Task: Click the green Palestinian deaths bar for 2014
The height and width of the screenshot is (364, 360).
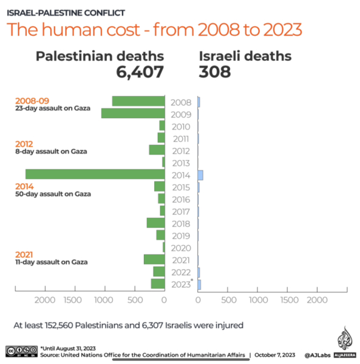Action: [x=95, y=174]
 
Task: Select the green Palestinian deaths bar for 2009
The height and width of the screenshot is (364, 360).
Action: [x=133, y=113]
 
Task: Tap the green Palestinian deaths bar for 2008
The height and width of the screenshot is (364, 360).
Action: [x=138, y=101]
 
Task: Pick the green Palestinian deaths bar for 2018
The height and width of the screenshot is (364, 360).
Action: [x=155, y=223]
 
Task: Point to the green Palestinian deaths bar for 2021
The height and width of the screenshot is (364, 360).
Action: [x=154, y=260]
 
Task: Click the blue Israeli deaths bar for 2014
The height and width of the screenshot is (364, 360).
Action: [x=200, y=175]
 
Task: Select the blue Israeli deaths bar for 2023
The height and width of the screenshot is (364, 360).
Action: [x=199, y=284]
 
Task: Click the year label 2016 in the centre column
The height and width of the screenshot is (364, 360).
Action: [x=181, y=200]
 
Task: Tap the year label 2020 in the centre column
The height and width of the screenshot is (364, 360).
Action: [x=181, y=248]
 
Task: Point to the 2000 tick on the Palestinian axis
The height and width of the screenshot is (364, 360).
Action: [x=45, y=300]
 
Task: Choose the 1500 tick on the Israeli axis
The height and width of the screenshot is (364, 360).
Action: [x=287, y=300]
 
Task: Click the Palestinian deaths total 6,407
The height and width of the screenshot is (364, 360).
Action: [x=140, y=72]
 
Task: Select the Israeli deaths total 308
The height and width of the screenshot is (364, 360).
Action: [x=215, y=72]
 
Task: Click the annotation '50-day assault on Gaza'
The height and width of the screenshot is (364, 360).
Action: [x=53, y=194]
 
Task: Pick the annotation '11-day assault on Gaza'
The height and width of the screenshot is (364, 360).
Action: [x=52, y=262]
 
